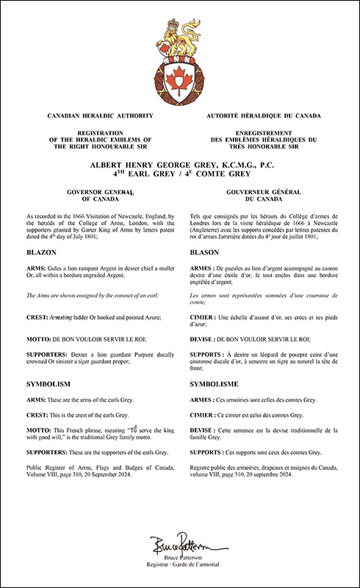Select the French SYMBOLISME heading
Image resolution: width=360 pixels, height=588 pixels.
click(214, 384)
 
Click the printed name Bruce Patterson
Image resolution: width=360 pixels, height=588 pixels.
click(179, 559)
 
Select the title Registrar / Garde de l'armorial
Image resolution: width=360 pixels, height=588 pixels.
click(179, 567)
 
